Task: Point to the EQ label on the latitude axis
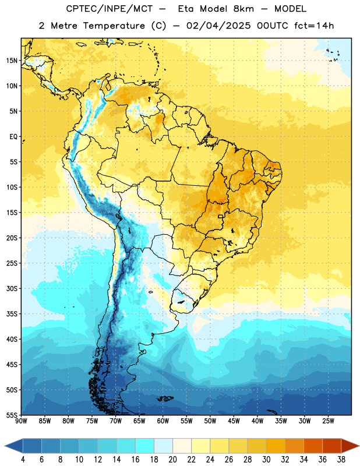point(13,137)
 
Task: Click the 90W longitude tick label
point(21,421)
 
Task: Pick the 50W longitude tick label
point(210,421)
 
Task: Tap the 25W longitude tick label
point(328,421)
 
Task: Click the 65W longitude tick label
point(139,421)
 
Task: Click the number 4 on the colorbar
point(23,460)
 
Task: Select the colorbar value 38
point(341,460)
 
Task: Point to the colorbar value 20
point(172,460)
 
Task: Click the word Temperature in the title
point(114,26)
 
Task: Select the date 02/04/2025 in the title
point(218,26)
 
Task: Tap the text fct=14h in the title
point(314,26)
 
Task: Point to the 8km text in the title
point(243,9)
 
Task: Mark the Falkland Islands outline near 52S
point(165,398)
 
